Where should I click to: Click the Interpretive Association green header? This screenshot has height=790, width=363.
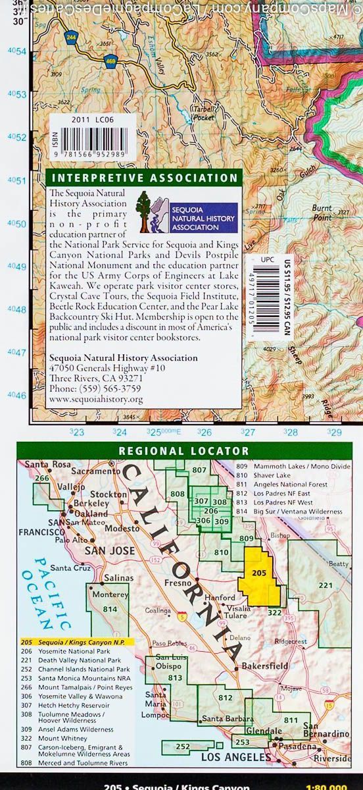[144, 178]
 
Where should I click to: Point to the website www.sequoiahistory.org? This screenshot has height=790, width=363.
[95, 399]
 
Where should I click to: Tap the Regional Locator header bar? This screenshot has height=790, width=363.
[183, 451]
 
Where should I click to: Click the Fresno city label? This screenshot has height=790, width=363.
[177, 583]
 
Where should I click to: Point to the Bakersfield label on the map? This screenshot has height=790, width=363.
[264, 666]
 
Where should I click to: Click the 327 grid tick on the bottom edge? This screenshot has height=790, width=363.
[247, 433]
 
